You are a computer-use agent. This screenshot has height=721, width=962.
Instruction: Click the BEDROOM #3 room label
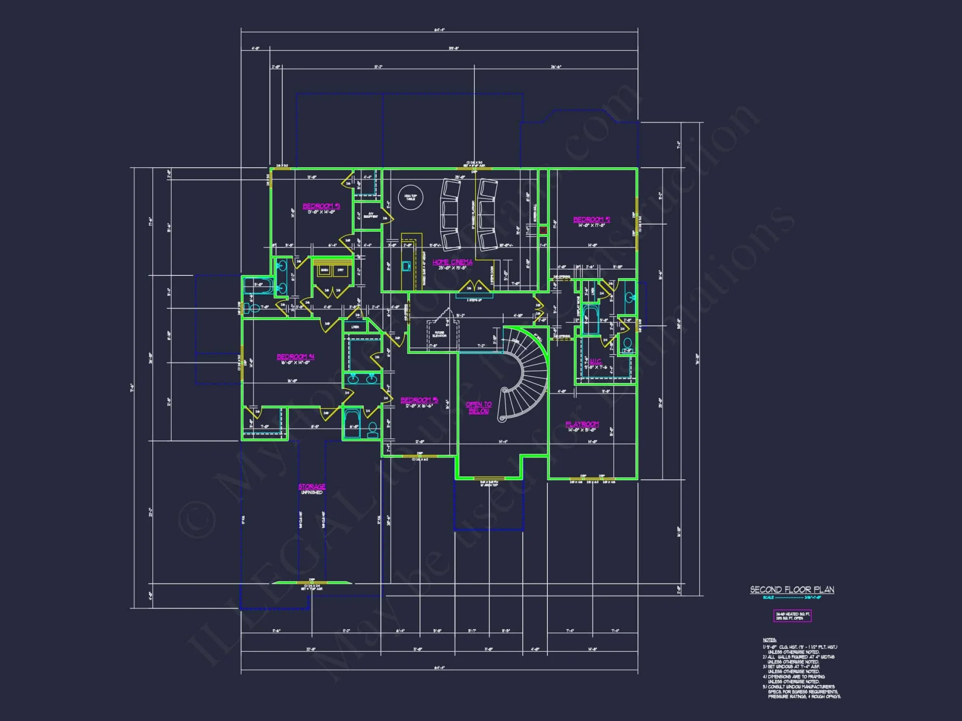(321, 206)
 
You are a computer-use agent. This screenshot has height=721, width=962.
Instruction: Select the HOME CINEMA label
(452, 262)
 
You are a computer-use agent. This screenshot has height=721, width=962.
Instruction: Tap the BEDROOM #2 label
(591, 220)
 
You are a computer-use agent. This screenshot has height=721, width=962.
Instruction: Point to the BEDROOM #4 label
(295, 357)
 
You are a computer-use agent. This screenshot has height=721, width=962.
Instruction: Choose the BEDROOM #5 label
(419, 400)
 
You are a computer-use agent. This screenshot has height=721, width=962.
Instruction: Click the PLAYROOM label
(582, 424)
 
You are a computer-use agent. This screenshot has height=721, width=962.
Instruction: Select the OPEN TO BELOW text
(479, 408)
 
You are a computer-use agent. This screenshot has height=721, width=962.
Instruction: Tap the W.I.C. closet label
(595, 361)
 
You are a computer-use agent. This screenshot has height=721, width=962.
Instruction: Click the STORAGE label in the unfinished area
(312, 486)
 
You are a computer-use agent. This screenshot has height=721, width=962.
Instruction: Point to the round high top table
(410, 197)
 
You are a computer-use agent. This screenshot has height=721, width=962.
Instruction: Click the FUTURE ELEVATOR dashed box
(439, 334)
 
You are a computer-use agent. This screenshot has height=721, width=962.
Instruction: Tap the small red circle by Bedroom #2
(543, 230)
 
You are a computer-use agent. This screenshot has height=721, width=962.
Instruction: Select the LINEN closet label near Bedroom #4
(355, 327)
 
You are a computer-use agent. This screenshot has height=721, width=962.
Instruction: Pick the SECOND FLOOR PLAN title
(792, 589)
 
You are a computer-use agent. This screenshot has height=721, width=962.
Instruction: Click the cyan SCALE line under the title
(792, 597)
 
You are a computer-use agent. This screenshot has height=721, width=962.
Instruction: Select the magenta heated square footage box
(792, 616)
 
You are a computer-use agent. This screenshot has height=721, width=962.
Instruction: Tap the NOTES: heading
(769, 640)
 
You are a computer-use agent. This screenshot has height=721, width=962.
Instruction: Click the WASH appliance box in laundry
(325, 270)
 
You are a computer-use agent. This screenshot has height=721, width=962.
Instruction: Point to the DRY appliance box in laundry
(341, 270)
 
